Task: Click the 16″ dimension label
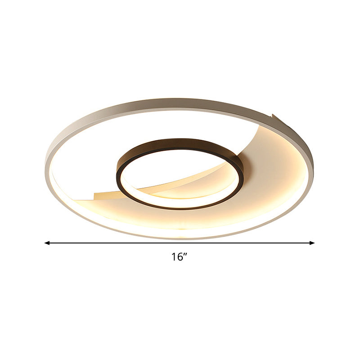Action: [179, 257]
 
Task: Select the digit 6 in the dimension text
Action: [180, 257]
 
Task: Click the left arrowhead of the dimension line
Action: [47, 243]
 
